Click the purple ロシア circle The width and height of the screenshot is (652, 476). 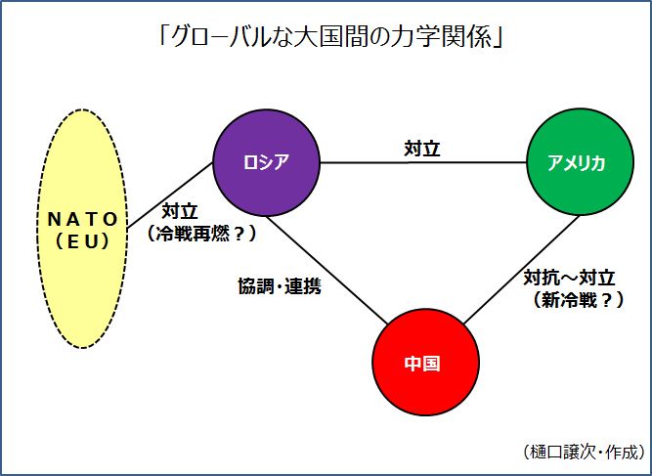(267, 162)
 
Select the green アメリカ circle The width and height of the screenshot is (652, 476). (577, 163)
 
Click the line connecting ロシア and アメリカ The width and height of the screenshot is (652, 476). (469, 162)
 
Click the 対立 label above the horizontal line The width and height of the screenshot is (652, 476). (422, 149)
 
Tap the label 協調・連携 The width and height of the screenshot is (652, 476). (280, 287)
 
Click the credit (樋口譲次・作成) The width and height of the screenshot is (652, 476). (585, 451)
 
